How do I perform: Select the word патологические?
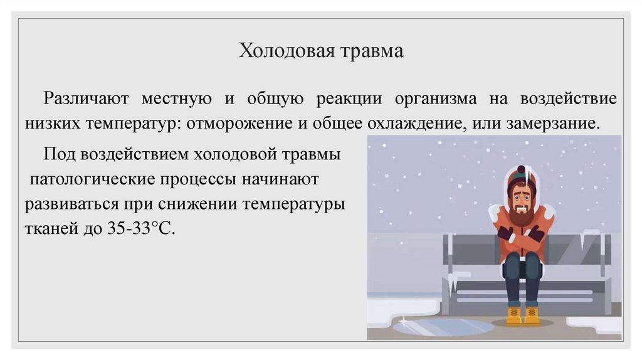(x=90, y=179)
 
